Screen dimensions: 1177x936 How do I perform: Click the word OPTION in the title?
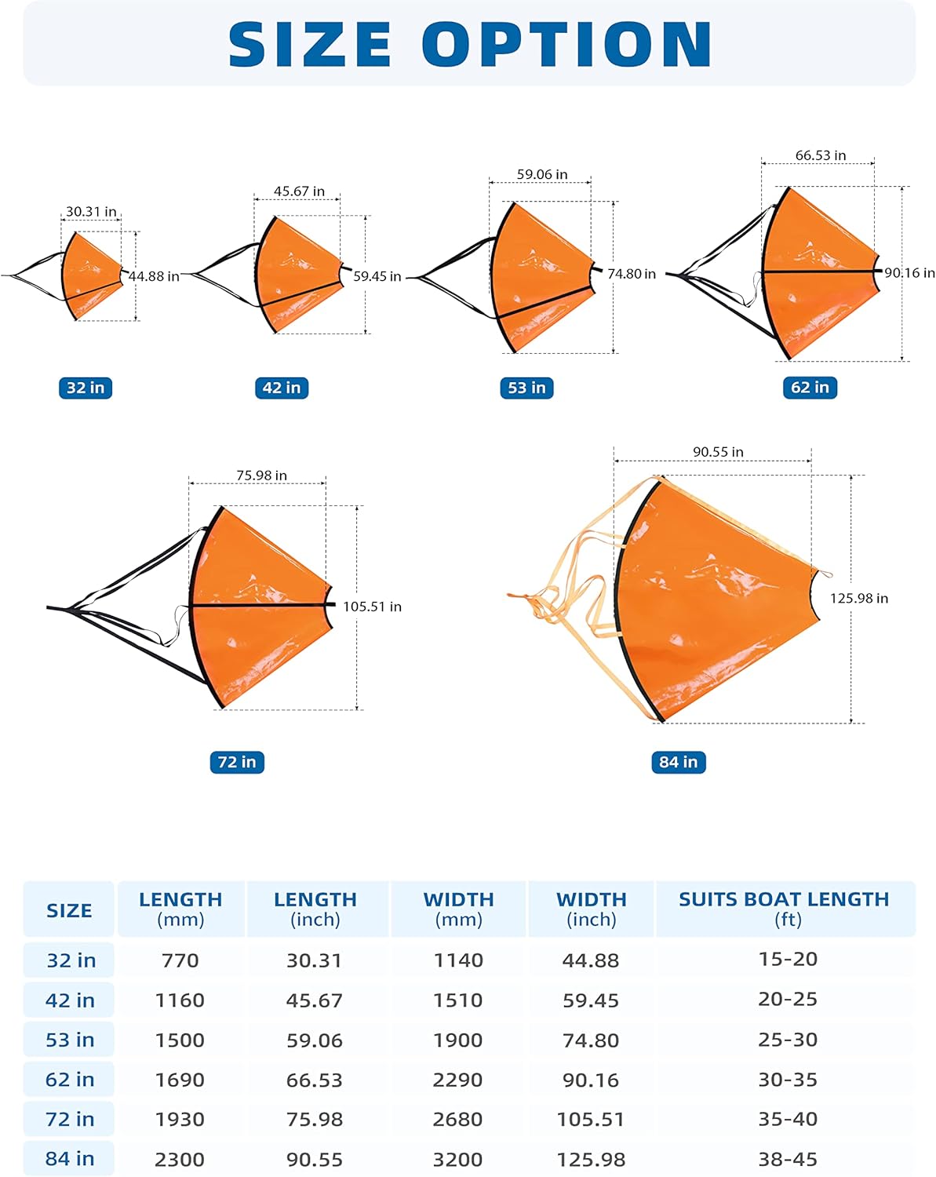tap(567, 45)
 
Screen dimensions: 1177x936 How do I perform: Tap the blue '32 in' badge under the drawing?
tap(86, 388)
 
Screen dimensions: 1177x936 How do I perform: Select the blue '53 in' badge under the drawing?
tap(526, 388)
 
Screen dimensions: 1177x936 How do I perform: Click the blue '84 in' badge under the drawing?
tap(679, 762)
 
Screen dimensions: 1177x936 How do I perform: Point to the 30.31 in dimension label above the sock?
tap(91, 212)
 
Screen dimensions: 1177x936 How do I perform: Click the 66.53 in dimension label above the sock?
tap(821, 155)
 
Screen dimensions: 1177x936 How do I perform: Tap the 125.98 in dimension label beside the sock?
tap(859, 598)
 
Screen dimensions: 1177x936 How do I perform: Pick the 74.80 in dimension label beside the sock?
tap(632, 274)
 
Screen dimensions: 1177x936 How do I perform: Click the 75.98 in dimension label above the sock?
tap(261, 476)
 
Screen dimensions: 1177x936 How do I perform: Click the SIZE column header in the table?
tap(69, 910)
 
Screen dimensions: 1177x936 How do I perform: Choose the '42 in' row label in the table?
tap(70, 1000)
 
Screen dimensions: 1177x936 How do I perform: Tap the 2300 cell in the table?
tap(180, 1160)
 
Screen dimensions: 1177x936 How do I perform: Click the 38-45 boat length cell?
tap(788, 1159)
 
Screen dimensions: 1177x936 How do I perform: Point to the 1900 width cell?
tap(458, 1040)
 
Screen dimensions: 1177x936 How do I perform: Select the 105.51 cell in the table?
tap(591, 1120)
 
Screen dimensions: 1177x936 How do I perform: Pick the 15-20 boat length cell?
tap(788, 959)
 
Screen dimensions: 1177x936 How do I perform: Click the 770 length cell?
tap(180, 960)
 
